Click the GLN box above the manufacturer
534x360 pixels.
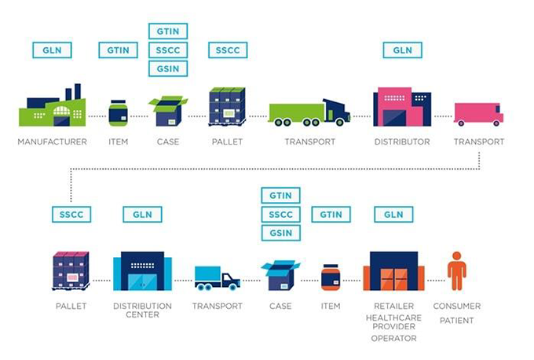pos(52,50)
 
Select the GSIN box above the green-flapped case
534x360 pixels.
pos(168,68)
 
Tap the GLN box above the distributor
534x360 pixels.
pos(403,50)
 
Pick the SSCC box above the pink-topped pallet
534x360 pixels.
pos(71,215)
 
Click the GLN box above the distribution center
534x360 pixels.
pos(142,215)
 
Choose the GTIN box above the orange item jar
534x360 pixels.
pos(331,215)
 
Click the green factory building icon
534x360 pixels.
pos(52,105)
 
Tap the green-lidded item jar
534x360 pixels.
pos(118,113)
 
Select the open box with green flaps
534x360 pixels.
pos(168,111)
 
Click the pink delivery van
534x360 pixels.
pos(478,114)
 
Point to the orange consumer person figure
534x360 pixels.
pos(457,271)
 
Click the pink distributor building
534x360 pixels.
pos(402,107)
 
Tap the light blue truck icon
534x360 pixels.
pos(218,278)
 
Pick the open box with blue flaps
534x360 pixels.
pos(280,275)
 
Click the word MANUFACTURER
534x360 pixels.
pos(52,141)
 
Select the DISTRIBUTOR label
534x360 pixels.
pos(402,141)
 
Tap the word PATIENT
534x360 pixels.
pos(457,321)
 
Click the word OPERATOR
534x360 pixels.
pos(393,338)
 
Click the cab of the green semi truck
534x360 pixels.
pos(336,111)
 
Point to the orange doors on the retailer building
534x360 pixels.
pos(393,279)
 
